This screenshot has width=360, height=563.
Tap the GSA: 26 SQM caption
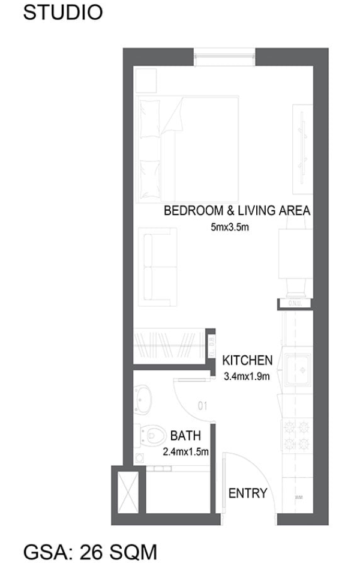point(90,550)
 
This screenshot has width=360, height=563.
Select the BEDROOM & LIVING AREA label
point(237,211)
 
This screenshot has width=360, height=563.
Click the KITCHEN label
point(247,361)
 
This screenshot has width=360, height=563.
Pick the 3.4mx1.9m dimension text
point(247,377)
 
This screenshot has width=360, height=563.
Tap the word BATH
point(185,436)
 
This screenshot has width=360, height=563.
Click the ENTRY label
point(247,493)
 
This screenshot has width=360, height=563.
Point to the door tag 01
point(202,406)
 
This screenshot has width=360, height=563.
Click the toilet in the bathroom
point(154,433)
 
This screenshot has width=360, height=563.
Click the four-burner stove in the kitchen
point(298,436)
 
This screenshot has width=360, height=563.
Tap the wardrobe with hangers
point(169,346)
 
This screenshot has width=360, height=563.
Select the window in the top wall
point(224,56)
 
